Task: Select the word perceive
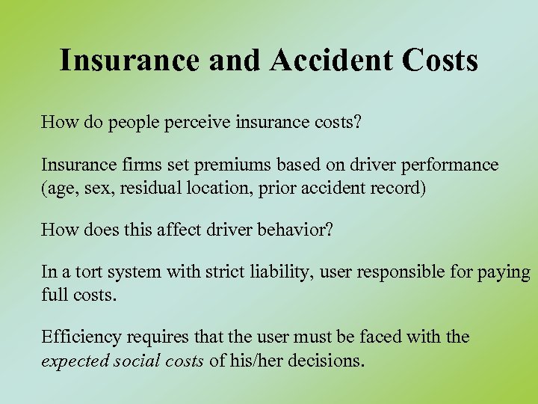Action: tap(206, 122)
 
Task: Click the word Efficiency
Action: tap(79, 337)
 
